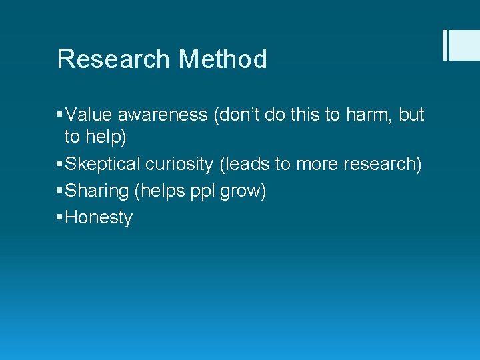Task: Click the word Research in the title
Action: click(113, 59)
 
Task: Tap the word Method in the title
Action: click(222, 59)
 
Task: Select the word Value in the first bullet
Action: click(88, 115)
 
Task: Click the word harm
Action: click(368, 115)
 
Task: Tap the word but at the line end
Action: click(411, 115)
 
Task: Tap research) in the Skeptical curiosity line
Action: click(386, 164)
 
